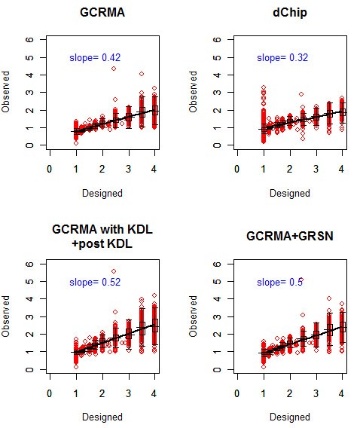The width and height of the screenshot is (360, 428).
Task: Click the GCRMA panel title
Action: coord(102,12)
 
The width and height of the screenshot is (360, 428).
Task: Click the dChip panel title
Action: coord(289,12)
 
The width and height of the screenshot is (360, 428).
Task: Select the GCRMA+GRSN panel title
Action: coord(289,236)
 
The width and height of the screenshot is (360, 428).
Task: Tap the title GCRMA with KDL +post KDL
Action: coord(102,235)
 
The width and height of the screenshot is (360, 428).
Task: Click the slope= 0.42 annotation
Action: coord(95,57)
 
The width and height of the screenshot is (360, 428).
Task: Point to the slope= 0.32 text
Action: coord(282,57)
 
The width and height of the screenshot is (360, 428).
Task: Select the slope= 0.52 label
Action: coord(95,282)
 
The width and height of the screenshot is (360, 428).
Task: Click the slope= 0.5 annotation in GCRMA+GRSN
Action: coord(279,282)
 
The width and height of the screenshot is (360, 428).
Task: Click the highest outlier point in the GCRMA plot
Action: coord(114,69)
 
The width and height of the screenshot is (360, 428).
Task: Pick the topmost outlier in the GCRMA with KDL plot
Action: coord(114,271)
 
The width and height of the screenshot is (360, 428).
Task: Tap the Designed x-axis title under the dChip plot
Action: coord(289,193)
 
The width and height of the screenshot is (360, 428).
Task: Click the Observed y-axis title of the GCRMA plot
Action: coord(7,93)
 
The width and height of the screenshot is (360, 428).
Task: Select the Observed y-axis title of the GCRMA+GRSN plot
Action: coord(194,317)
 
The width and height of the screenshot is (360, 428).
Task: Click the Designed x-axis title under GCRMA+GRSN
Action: coord(289,417)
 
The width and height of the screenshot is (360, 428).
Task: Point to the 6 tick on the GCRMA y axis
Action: coord(29,39)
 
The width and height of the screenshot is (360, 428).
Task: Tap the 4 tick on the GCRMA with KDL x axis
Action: coord(154,394)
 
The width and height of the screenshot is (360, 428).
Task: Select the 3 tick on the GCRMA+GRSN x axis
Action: coord(316,394)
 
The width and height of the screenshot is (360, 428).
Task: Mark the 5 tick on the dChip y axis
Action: coord(217,57)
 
